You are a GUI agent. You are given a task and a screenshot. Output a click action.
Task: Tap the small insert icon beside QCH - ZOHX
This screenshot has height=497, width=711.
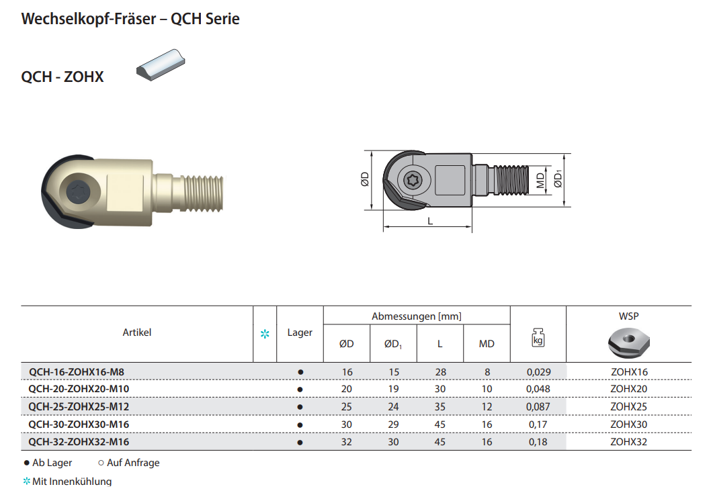(x=161, y=64)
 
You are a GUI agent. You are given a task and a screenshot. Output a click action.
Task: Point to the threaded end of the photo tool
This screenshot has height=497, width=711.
(x=203, y=193)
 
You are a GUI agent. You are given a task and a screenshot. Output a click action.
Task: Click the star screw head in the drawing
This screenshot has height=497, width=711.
(x=413, y=180)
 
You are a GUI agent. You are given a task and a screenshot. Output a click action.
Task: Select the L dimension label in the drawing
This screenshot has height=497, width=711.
(x=430, y=222)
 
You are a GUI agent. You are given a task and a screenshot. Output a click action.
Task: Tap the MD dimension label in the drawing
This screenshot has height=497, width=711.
(x=540, y=180)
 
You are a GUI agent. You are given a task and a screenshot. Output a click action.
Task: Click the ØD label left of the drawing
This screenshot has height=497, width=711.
(x=365, y=179)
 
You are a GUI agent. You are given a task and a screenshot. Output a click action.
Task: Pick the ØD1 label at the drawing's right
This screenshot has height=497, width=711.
(x=558, y=179)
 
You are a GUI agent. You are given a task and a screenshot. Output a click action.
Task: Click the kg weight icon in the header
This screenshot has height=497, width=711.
(x=538, y=338)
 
